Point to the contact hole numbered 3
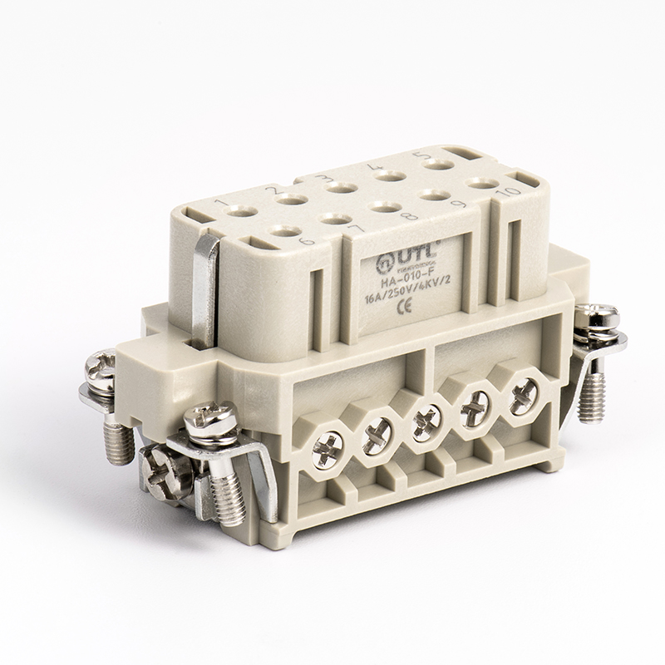(x=337, y=188)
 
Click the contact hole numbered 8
(x=382, y=207)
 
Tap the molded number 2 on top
(x=269, y=191)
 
